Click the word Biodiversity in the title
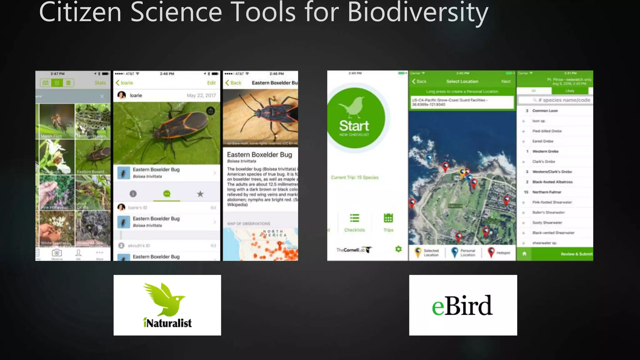[417, 12]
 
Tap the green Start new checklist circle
[355, 118]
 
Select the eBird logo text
[462, 306]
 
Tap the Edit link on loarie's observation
[211, 83]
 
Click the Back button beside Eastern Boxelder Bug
[233, 83]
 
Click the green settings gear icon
[398, 249]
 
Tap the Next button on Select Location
[506, 82]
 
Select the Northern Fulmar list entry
[547, 192]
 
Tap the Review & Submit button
[576, 254]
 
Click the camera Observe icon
[57, 253]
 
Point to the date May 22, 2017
[201, 95]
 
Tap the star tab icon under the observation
[200, 194]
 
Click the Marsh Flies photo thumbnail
[57, 121]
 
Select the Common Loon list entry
[545, 111]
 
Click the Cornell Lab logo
[353, 250]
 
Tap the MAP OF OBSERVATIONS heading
[248, 224]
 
